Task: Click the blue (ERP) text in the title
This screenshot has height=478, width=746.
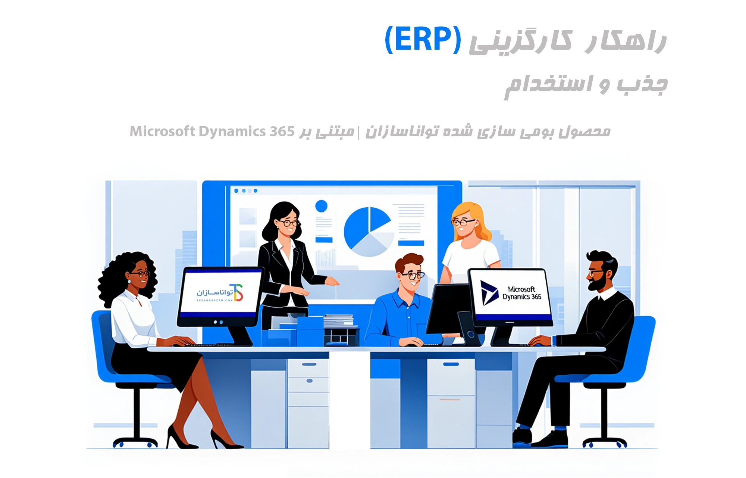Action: coord(423,40)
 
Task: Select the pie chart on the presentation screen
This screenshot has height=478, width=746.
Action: coord(368,232)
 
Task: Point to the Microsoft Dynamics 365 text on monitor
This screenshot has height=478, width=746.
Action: coord(521,293)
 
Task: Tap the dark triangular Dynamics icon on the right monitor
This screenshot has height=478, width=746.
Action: coord(489,293)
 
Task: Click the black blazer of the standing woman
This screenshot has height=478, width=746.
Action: coord(276,273)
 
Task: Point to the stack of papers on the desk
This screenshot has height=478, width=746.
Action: coord(338,320)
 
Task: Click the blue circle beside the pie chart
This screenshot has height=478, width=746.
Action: coord(321,206)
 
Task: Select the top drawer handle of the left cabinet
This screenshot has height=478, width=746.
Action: coord(309,364)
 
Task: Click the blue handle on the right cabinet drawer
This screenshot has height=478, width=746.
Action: coord(451,364)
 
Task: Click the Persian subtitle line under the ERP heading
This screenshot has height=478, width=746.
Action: coord(586,84)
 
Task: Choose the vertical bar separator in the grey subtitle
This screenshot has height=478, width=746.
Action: coord(359,132)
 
